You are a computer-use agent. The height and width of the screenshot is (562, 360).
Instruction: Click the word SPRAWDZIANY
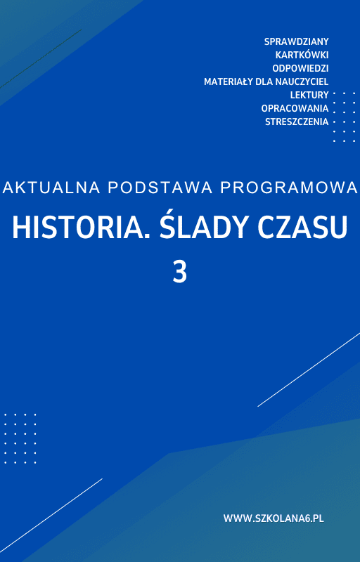(296, 41)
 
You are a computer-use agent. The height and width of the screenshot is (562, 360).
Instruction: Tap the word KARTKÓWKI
(302, 55)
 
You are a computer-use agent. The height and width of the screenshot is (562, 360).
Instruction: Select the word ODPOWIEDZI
(300, 68)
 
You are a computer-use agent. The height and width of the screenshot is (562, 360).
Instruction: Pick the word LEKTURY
(309, 95)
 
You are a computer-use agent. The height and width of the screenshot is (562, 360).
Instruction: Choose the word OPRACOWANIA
(295, 108)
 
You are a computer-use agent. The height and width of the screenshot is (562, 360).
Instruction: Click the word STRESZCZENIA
(297, 122)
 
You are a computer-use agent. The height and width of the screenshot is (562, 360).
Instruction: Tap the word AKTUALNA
(45, 188)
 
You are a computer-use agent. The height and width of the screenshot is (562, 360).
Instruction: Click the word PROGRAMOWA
(288, 188)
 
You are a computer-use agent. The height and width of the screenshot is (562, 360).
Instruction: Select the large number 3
(180, 272)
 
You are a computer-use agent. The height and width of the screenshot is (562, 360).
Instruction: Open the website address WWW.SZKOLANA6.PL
(274, 518)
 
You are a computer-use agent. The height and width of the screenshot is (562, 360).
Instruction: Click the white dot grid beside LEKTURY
(344, 117)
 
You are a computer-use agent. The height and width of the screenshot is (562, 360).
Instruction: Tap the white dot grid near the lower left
(20, 438)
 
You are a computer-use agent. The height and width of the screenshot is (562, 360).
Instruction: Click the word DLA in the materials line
(259, 81)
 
